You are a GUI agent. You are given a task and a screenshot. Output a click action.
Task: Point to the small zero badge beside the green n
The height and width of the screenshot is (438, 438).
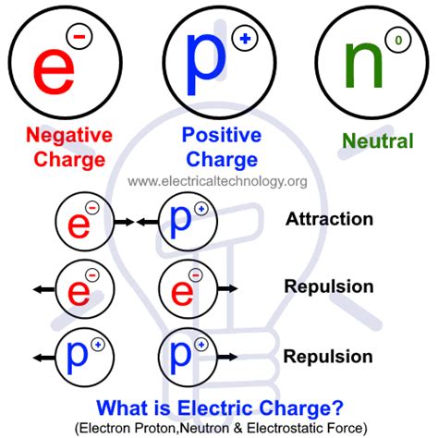398,41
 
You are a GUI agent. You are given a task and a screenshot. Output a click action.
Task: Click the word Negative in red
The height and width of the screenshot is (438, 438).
68,136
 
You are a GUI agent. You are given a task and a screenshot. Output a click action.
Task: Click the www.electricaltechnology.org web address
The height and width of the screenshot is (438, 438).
217,181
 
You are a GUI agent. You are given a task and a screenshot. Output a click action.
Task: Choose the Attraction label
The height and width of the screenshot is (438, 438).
329,220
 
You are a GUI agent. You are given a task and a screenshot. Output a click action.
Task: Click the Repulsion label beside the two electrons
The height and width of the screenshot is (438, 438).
329,286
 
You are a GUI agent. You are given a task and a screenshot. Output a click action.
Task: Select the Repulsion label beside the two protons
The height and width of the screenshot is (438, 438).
329,356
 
